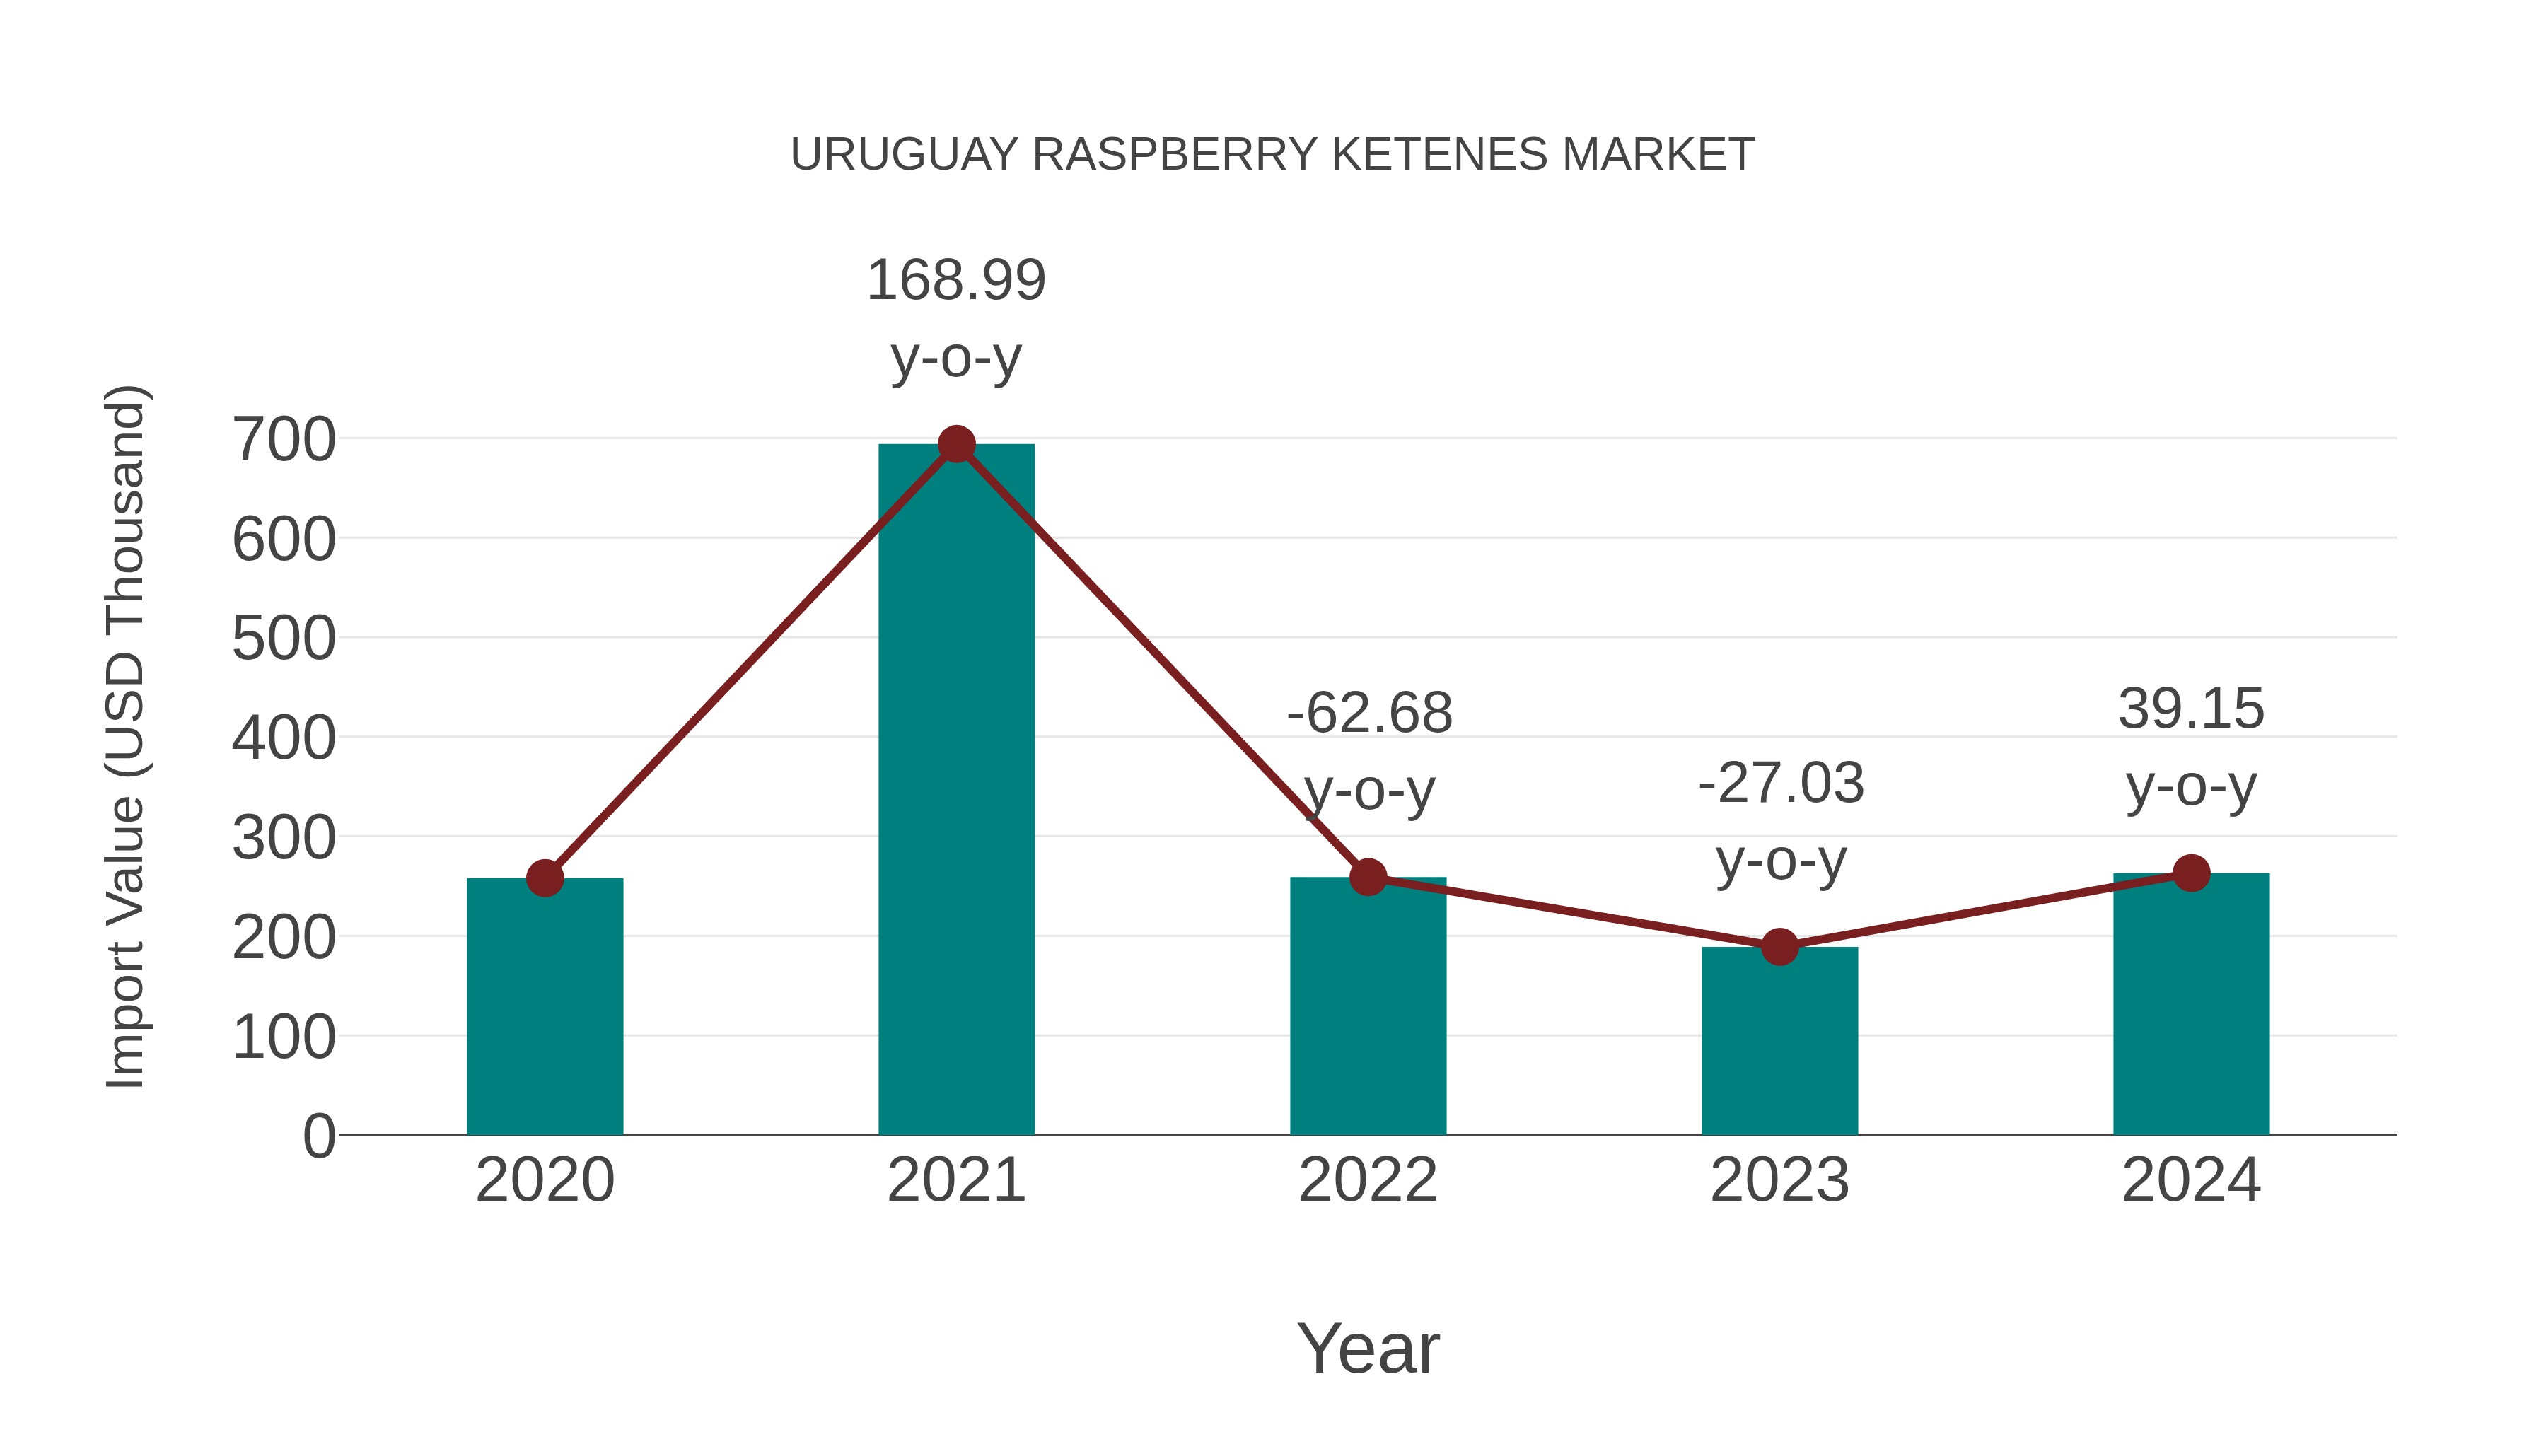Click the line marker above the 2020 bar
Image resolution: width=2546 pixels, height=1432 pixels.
(545, 878)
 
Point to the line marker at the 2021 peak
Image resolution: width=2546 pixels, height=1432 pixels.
(955, 445)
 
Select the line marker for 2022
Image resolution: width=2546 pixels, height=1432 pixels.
(1368, 877)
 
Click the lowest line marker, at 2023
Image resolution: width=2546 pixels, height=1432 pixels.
(1779, 947)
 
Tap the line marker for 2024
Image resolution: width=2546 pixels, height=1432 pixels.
(2191, 873)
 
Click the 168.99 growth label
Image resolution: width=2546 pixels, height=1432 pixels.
(955, 281)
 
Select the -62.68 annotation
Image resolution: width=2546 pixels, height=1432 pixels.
(1369, 714)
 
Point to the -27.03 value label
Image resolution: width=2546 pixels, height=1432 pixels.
(1780, 784)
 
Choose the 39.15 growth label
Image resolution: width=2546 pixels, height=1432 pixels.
(2191, 709)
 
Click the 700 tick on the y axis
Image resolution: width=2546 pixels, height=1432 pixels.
(284, 440)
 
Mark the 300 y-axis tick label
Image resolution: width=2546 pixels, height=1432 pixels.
(284, 838)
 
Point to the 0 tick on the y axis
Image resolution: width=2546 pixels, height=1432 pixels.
(318, 1136)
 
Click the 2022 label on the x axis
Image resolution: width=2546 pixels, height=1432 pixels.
(1368, 1180)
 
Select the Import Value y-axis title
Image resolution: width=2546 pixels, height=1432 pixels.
(127, 736)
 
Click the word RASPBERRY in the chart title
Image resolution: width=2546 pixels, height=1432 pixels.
(1175, 155)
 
